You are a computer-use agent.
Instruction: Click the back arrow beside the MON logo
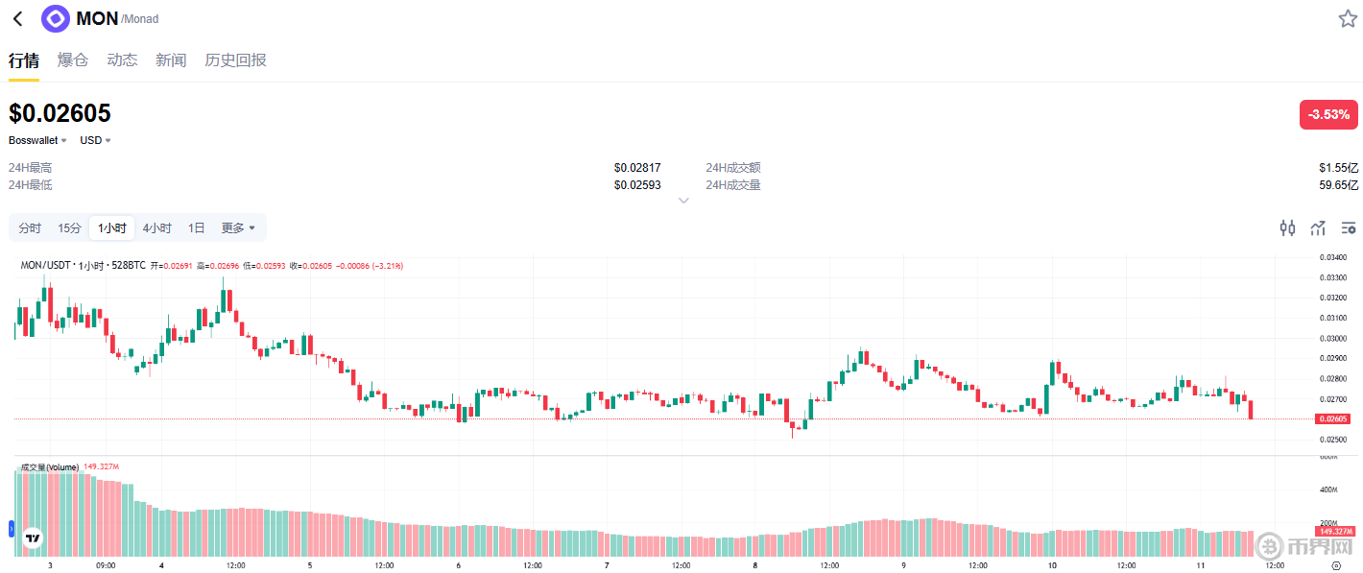[x=17, y=18]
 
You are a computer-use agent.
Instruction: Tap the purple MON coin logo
[x=56, y=18]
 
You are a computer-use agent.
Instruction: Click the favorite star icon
[x=1348, y=18]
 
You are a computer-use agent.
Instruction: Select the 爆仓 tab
[x=73, y=60]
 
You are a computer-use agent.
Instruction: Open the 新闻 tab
[x=171, y=60]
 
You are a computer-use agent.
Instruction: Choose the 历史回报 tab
[x=235, y=60]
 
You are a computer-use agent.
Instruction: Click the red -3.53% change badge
[x=1328, y=114]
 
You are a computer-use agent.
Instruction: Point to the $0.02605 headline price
[x=60, y=113]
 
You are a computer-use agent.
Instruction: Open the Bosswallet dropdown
[x=37, y=140]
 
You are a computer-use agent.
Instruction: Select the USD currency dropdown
[x=95, y=140]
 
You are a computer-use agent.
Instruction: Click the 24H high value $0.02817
[x=637, y=168]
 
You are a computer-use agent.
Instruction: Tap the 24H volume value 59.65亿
[x=1338, y=184]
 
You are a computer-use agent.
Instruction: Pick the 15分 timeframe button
[x=69, y=228]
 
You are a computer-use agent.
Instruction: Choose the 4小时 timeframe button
[x=157, y=228]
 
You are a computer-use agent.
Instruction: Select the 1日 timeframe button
[x=196, y=228]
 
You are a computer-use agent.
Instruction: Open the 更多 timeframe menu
[x=238, y=228]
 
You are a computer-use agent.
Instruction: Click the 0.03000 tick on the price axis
[x=1331, y=338]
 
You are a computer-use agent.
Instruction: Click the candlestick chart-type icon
[x=1287, y=227]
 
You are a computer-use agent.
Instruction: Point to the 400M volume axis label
[x=1328, y=489]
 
